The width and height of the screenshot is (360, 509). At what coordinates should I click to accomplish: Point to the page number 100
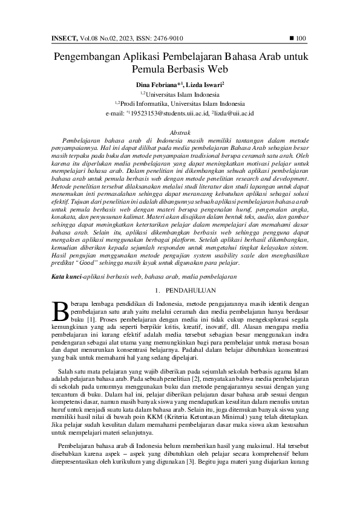[x=302, y=39]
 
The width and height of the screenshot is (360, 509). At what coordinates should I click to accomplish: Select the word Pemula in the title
[x=148, y=69]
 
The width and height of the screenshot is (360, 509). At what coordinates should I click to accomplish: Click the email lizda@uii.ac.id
[x=235, y=113]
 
